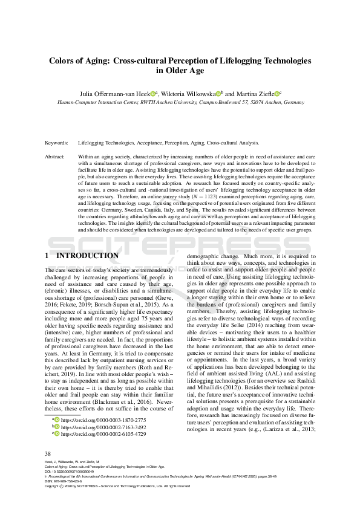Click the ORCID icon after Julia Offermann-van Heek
point(154,94)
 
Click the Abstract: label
point(55,156)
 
